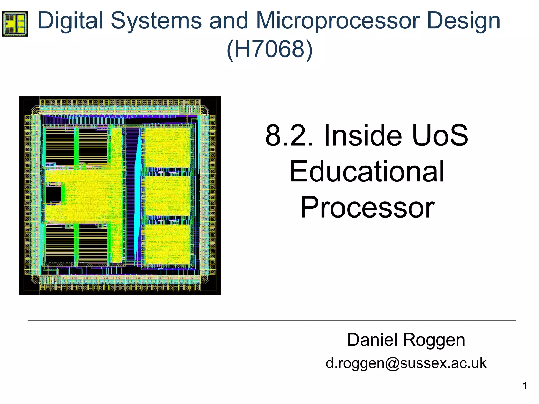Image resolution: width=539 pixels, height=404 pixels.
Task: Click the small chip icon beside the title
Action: point(15,24)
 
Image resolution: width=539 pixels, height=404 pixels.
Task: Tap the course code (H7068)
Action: point(269,49)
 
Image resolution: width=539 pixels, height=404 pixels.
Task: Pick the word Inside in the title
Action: point(363,136)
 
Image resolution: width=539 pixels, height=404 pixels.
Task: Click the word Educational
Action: point(367,171)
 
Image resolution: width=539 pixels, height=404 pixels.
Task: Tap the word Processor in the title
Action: point(367,208)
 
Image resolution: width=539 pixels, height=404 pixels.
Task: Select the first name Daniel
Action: point(374,340)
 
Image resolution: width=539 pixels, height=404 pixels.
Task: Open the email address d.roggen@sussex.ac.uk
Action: point(406,363)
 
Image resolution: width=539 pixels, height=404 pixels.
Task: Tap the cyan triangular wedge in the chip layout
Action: point(137,200)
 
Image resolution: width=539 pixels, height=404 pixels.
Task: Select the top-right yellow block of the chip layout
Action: point(168,147)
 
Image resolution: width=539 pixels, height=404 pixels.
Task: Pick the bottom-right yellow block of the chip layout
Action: point(168,244)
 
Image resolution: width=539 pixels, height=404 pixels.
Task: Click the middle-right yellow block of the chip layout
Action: point(168,196)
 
